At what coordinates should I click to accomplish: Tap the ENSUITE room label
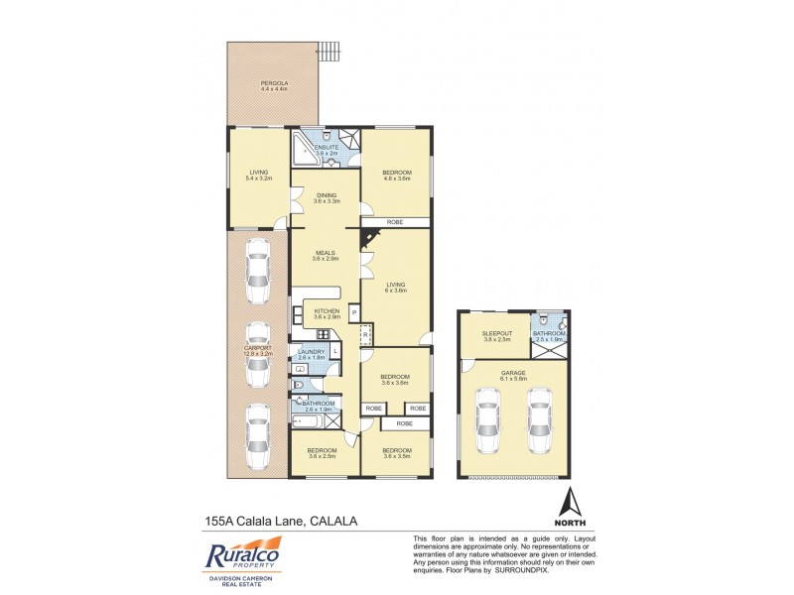pos(327,148)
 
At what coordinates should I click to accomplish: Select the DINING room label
pos(327,194)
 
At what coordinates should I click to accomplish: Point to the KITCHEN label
pos(327,310)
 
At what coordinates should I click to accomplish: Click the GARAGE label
pos(513,373)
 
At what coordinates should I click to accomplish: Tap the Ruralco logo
pos(244,555)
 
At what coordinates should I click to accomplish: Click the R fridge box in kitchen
pos(364,334)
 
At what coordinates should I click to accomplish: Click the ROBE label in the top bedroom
pos(395,222)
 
